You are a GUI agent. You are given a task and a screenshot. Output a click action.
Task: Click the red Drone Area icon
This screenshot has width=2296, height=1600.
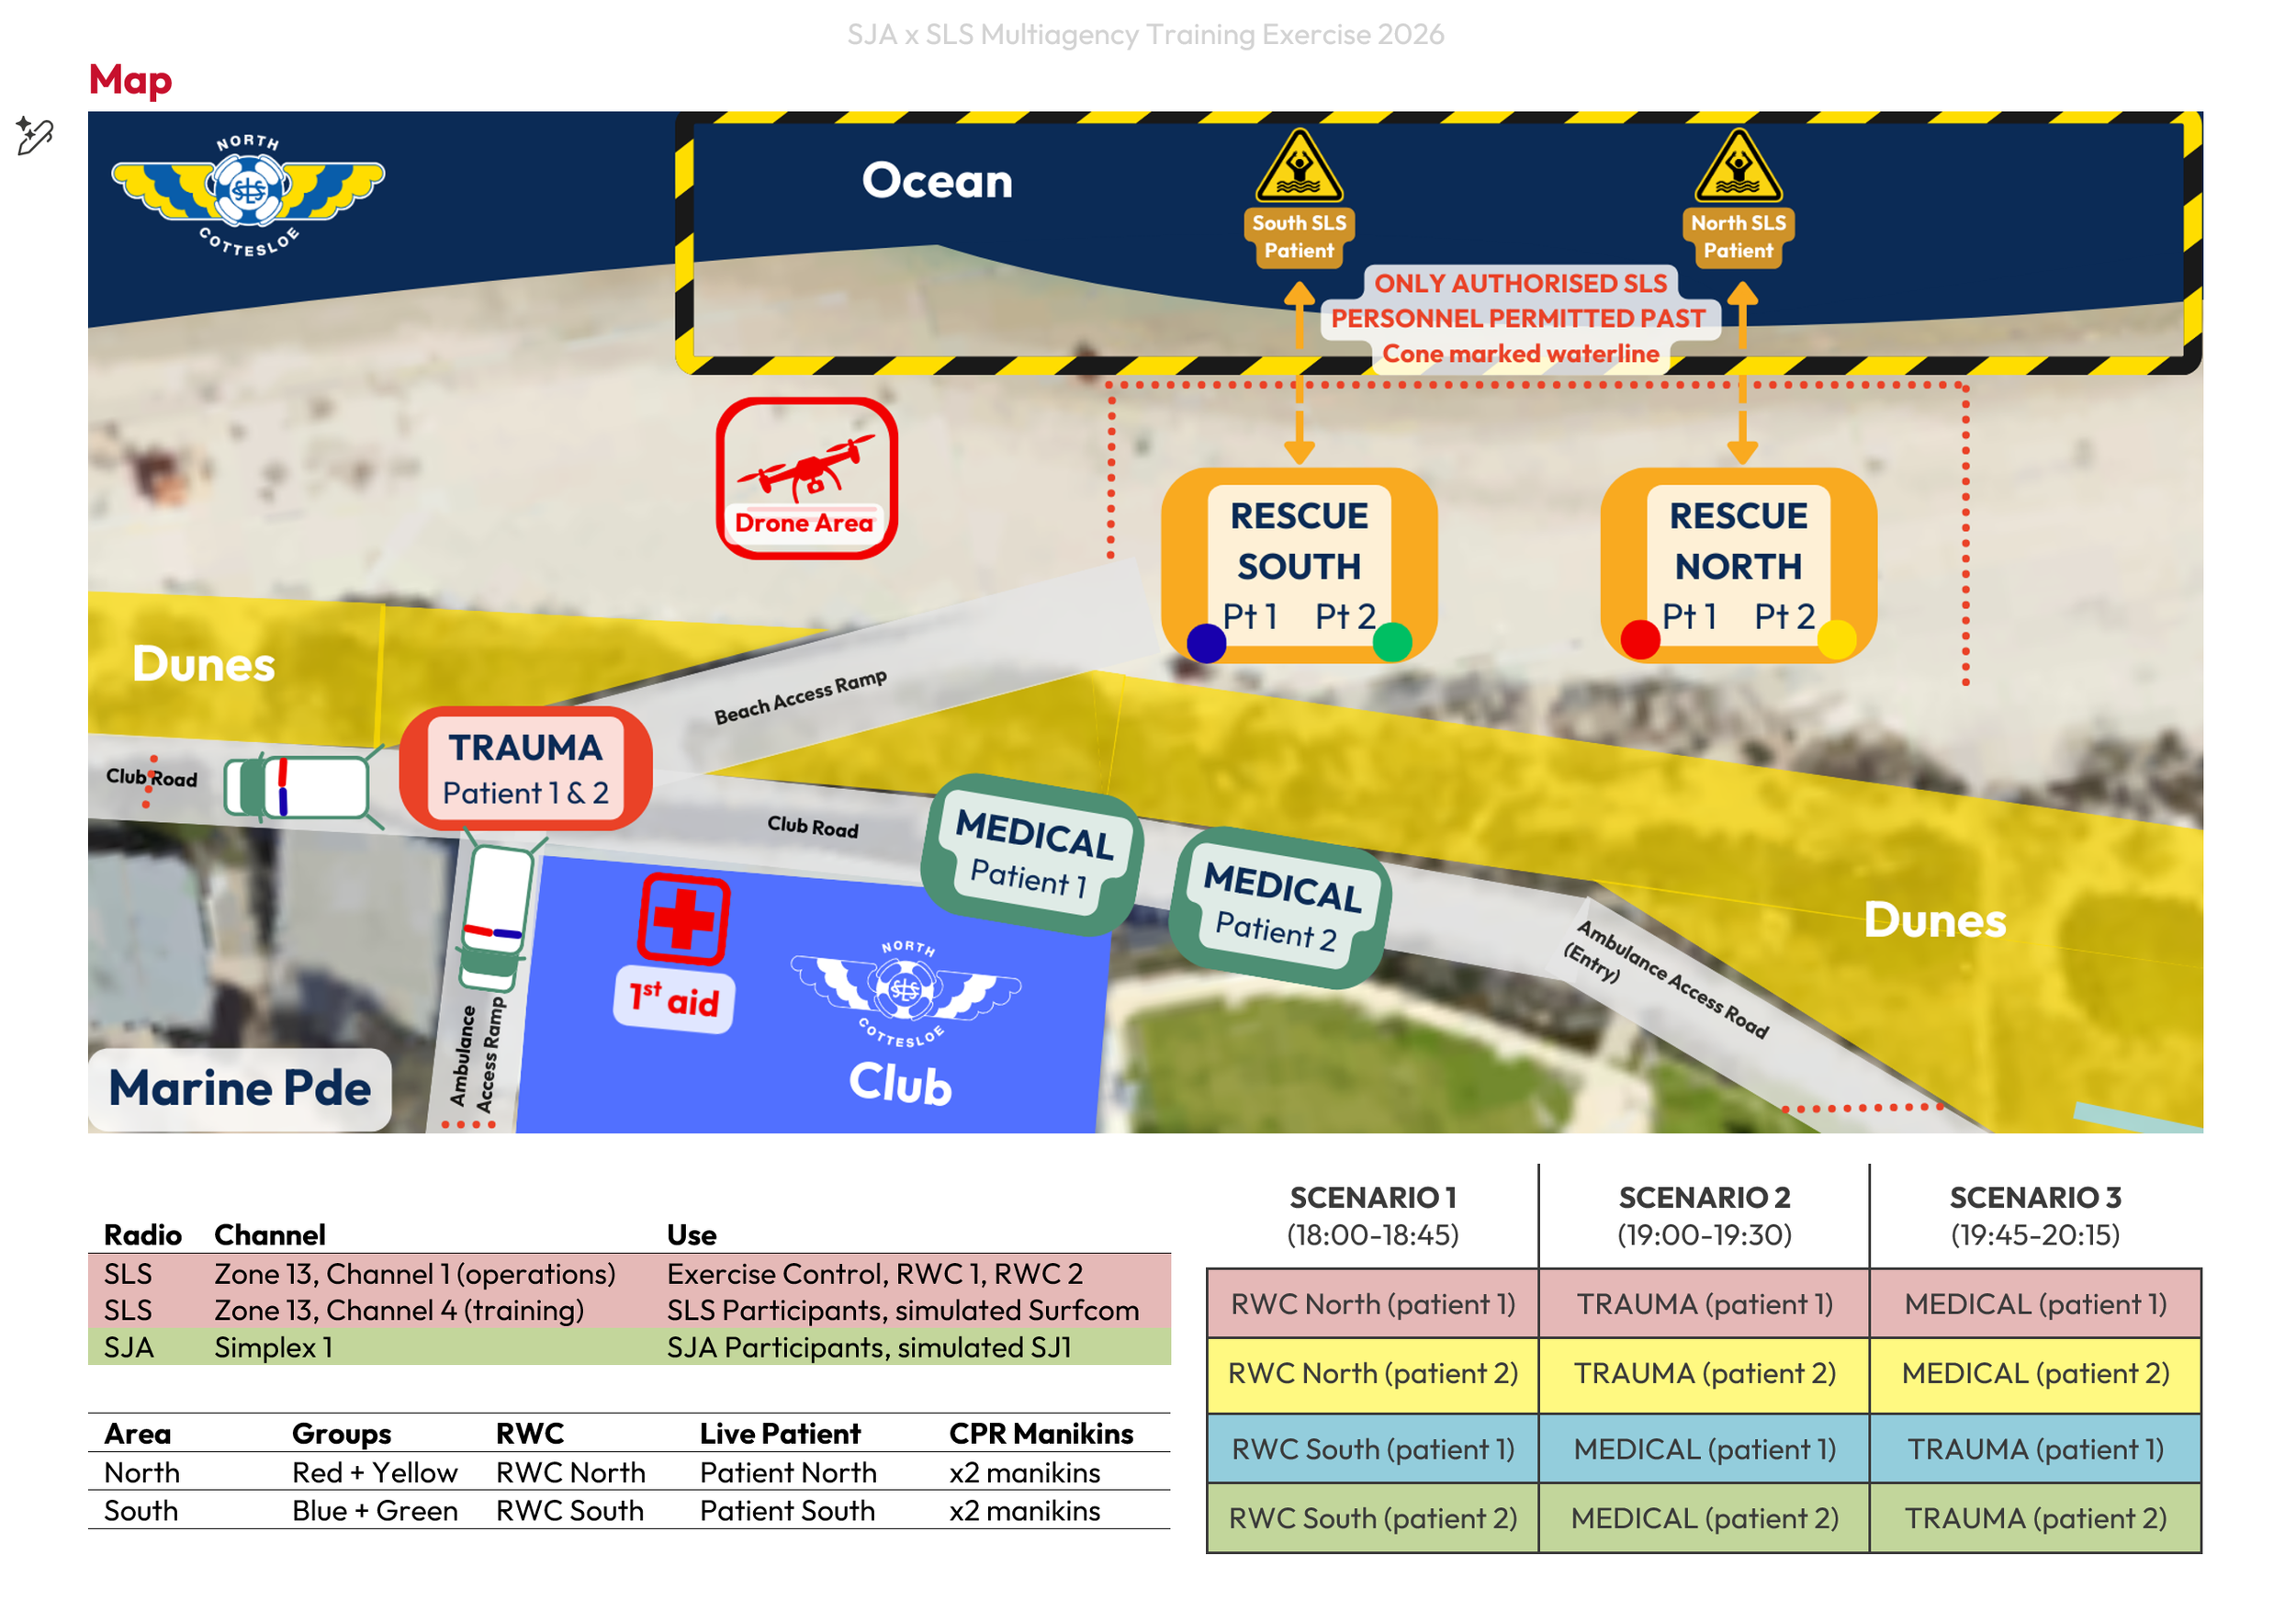806,478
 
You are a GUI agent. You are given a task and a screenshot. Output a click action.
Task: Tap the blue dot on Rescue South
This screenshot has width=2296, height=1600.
1206,643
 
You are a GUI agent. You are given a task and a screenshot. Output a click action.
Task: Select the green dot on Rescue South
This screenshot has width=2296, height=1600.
1392,641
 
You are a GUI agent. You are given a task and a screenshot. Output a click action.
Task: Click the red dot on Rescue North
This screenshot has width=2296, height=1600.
1640,639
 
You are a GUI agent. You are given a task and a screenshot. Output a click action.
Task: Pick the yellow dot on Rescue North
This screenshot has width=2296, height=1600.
1836,639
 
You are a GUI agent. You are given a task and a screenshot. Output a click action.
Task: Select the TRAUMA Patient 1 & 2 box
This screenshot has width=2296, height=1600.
525,768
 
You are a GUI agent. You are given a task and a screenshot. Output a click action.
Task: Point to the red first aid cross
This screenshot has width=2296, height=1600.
684,918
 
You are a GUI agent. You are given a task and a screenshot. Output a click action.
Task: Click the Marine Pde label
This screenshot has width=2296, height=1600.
239,1088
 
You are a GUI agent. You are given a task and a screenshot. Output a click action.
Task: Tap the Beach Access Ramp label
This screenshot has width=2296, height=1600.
800,696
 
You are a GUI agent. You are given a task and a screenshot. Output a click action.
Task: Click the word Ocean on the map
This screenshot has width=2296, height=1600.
937,181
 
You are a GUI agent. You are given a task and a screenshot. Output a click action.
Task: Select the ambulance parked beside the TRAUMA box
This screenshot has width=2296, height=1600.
297,787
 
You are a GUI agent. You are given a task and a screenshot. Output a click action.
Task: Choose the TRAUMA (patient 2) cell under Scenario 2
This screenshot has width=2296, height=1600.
1704,1374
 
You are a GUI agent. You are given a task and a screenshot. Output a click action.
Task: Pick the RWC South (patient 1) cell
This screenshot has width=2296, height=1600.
1372,1449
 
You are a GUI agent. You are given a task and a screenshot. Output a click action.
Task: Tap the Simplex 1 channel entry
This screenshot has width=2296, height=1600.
272,1347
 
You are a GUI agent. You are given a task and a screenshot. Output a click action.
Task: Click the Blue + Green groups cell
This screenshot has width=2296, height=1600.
374,1510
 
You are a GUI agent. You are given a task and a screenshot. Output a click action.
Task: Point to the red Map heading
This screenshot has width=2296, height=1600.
130,80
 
